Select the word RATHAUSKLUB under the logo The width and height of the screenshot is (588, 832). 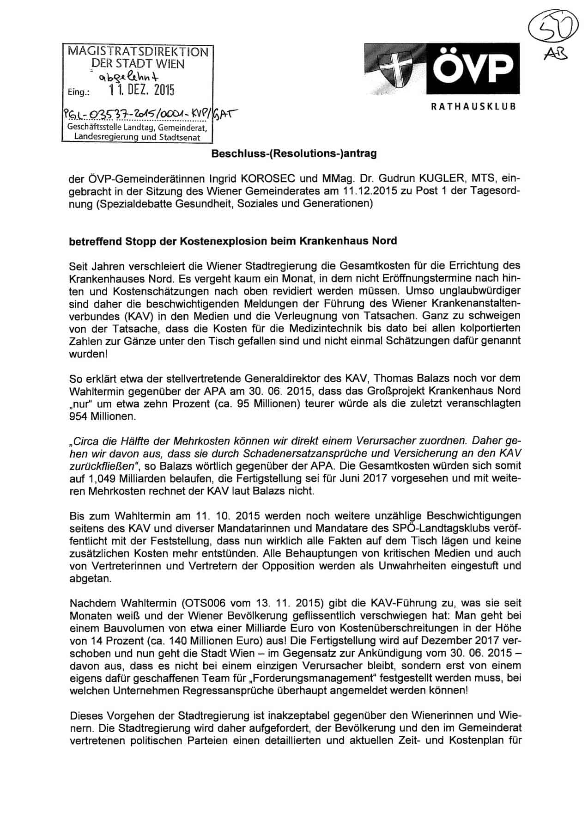[x=473, y=107]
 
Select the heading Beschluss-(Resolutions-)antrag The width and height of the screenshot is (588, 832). [x=294, y=153]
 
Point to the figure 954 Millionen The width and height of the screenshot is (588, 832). [x=103, y=416]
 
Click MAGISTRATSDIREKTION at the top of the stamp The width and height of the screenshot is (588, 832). [x=138, y=52]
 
